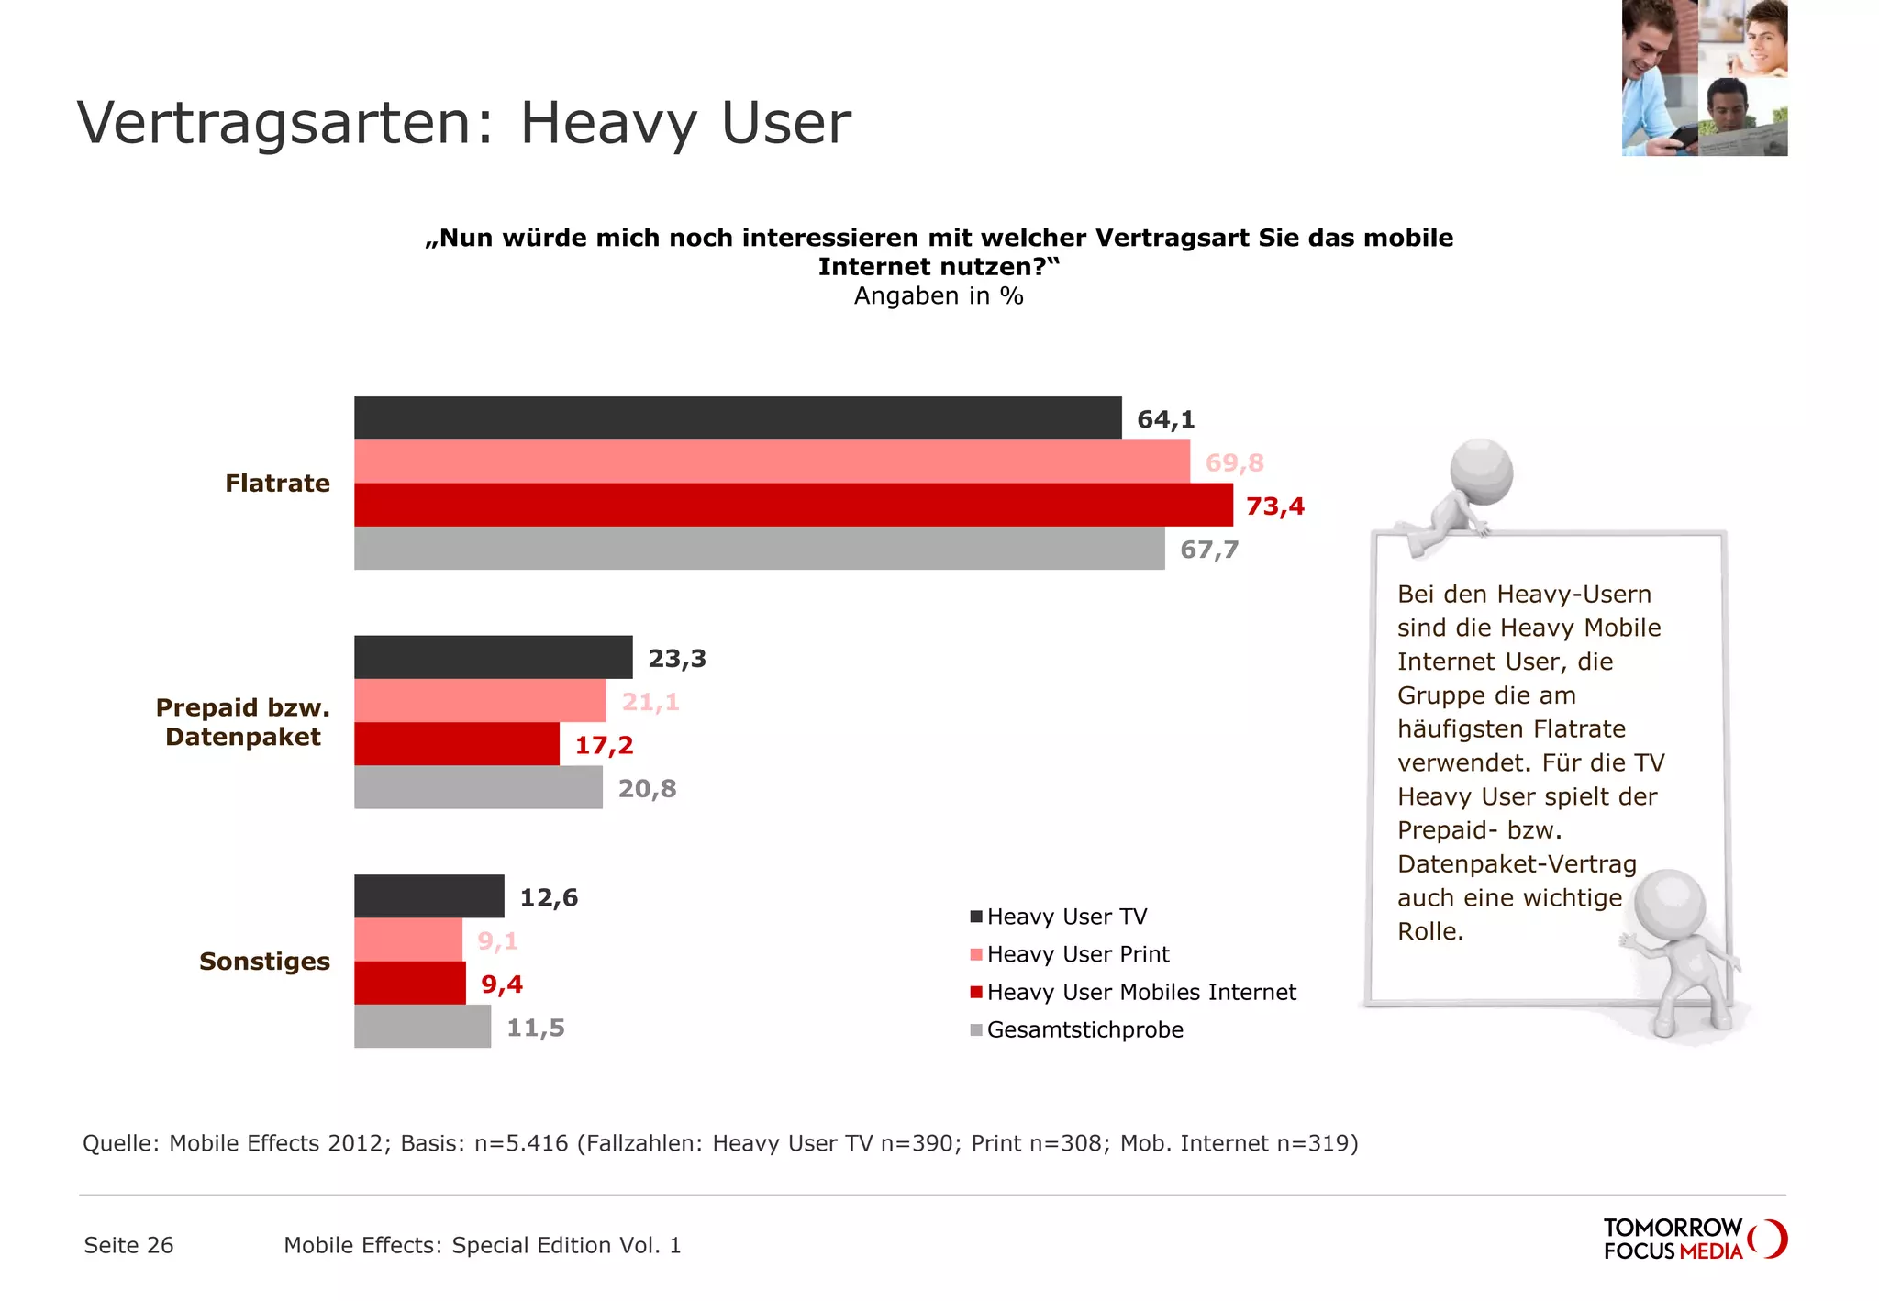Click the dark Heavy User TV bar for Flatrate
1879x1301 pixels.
tap(737, 417)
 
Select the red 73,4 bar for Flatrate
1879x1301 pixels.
tap(793, 505)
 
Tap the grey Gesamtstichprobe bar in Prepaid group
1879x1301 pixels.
tap(478, 787)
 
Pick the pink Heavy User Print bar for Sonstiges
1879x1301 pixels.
tap(408, 940)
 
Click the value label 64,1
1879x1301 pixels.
tap(1165, 419)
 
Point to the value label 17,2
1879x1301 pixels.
tap(604, 745)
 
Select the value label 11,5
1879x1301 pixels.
tap(535, 1028)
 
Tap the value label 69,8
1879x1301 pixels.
tap(1234, 462)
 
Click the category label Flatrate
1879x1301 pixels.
tap(277, 483)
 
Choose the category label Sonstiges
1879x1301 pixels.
tap(264, 961)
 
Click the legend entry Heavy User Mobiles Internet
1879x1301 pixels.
tap(1140, 992)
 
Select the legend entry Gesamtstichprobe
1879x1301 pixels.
tap(1084, 1029)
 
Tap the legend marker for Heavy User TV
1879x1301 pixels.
tap(976, 917)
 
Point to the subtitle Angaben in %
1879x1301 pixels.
tap(938, 295)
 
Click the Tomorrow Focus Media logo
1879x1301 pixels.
tap(1694, 1239)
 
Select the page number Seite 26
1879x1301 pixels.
tap(128, 1245)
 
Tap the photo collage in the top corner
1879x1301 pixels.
tap(1704, 78)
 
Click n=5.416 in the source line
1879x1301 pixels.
tap(520, 1143)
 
